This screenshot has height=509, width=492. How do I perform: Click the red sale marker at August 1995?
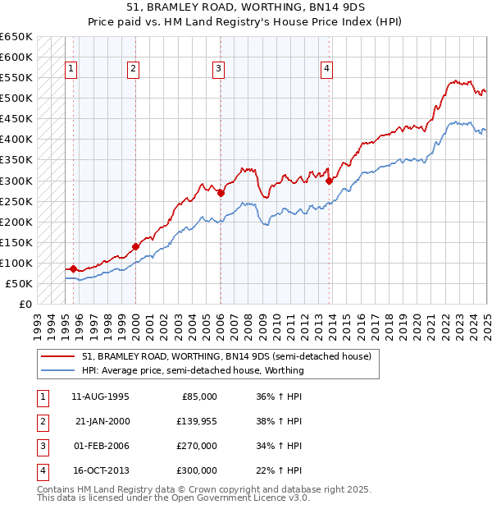(73, 268)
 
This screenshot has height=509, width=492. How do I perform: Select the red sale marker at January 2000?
(135, 246)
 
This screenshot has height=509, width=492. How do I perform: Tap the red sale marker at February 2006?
(221, 193)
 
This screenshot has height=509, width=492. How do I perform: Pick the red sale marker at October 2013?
(329, 181)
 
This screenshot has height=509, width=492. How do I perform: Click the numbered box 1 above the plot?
(71, 70)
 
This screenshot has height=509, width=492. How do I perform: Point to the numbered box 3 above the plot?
(219, 70)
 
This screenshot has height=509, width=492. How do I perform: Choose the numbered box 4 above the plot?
(326, 70)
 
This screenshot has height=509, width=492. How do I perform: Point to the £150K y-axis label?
(16, 242)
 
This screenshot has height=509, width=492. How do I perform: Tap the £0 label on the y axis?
(26, 304)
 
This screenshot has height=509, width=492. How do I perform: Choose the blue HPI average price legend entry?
(193, 370)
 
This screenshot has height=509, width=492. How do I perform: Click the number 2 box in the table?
(41, 421)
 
